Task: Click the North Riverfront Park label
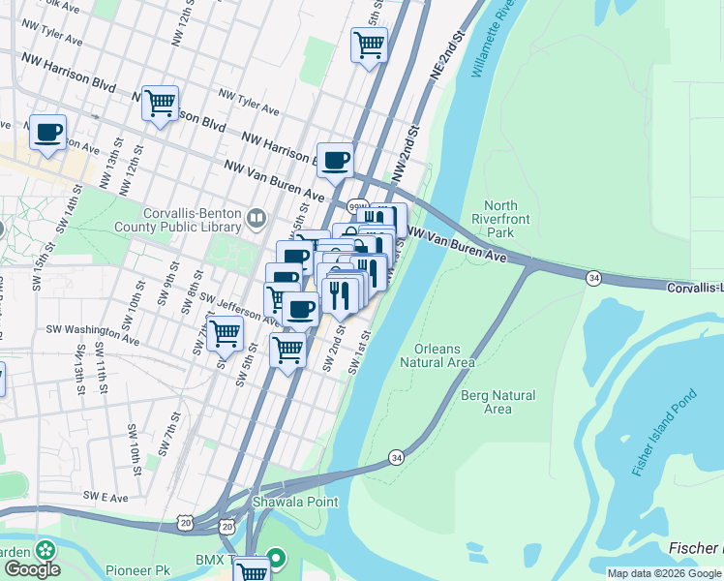coord(500,219)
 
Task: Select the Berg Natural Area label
coord(498,402)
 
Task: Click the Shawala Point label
coord(295,502)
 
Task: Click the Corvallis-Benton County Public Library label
coord(193,220)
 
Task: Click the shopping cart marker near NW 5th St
coord(369,44)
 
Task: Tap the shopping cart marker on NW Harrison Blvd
coord(160,102)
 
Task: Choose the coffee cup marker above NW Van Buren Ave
coord(335,160)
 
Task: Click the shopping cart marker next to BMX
coord(252,570)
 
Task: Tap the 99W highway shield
coord(358,207)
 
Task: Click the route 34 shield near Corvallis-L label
coord(592,278)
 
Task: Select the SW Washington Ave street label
coord(92,331)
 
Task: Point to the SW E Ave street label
coord(106,496)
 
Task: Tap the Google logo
coord(31,569)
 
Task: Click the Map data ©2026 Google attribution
coord(664,573)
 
